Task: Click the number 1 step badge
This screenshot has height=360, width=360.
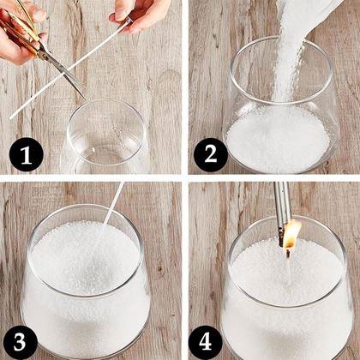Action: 27,154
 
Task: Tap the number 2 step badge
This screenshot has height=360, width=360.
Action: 211,155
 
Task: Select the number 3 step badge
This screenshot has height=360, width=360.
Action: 21,342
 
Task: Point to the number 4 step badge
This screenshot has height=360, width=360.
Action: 205,342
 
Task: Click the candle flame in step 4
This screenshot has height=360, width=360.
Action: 292,236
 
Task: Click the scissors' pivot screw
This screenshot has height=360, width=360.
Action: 45,54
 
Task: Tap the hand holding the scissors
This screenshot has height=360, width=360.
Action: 20,34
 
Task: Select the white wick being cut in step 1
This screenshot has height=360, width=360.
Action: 70,69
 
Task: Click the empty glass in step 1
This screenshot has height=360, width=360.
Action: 105,135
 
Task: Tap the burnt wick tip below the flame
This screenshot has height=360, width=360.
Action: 288,254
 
